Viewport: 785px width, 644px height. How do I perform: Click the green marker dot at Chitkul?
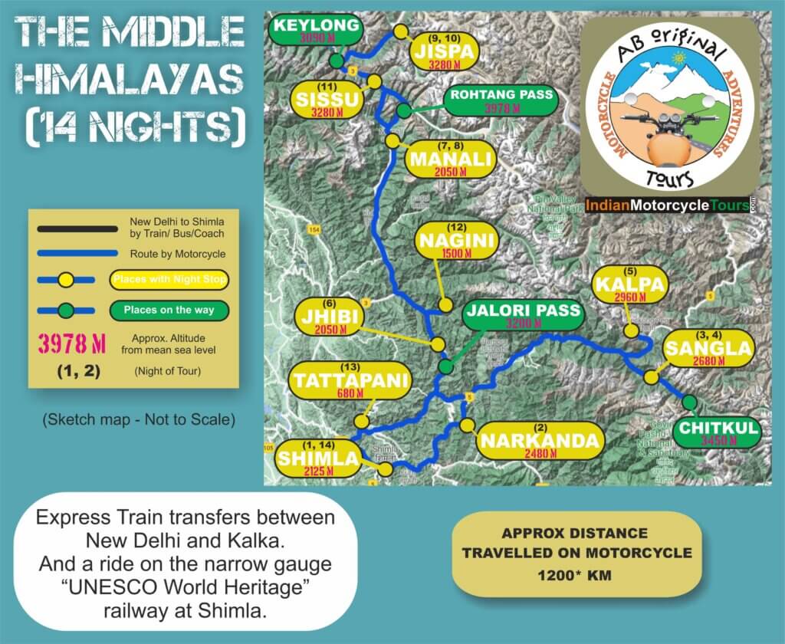point(689,402)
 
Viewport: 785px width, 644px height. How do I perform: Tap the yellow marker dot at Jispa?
point(400,31)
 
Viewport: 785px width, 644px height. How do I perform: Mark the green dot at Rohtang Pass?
point(404,111)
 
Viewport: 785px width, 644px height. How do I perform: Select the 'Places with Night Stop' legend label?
point(169,280)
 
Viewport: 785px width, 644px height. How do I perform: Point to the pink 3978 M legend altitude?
point(72,342)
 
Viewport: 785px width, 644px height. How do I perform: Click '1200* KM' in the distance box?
point(576,573)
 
